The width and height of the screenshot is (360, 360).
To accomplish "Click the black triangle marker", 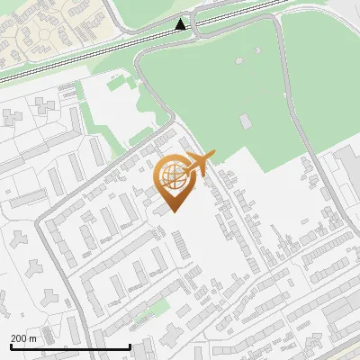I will pyautogui.click(x=181, y=24).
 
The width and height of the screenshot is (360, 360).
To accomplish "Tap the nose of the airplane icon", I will pyautogui.click(x=212, y=156).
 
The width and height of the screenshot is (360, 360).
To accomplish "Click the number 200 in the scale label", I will pyautogui.click(x=19, y=338).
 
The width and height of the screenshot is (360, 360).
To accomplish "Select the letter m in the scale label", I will pyautogui.click(x=32, y=338).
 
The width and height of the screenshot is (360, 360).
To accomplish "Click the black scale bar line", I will pyautogui.click(x=69, y=346).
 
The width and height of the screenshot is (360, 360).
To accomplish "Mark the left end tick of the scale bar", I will pyautogui.click(x=10, y=346).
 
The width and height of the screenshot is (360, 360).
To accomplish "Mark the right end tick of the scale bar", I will pyautogui.click(x=130, y=346).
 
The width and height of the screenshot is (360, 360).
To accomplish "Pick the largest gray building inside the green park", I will pyautogui.click(x=246, y=121).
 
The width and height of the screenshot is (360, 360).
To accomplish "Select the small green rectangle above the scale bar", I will pyautogui.click(x=143, y=315).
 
